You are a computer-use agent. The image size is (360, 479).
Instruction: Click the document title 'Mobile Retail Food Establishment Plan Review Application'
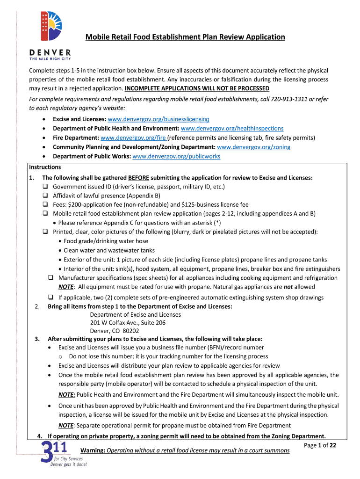(x=185, y=37)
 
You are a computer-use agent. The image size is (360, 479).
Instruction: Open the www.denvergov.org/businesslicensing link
(x=158, y=119)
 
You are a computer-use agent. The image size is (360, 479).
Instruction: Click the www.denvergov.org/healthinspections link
(x=232, y=129)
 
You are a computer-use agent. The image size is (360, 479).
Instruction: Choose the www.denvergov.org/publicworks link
(x=176, y=156)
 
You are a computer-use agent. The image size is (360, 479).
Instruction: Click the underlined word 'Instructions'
(x=45, y=167)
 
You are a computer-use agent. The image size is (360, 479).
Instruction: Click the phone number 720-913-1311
(x=278, y=99)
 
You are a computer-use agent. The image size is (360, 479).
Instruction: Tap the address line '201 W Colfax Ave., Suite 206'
(x=128, y=323)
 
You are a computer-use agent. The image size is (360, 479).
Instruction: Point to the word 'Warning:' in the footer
(x=93, y=450)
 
